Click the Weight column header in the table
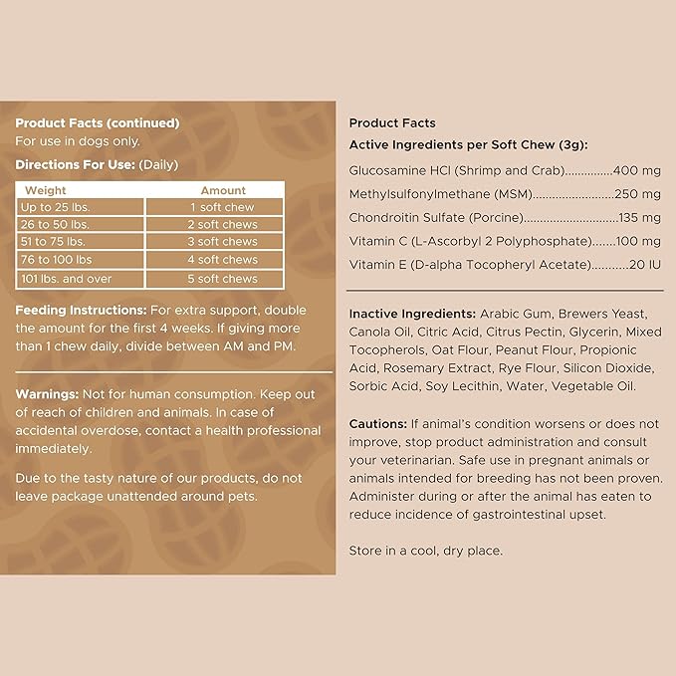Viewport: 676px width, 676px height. point(46,190)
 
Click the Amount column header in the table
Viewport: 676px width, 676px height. point(223,190)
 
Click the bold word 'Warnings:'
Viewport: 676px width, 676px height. point(48,394)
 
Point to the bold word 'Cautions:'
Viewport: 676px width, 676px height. point(378,424)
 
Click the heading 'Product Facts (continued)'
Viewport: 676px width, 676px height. point(98,123)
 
